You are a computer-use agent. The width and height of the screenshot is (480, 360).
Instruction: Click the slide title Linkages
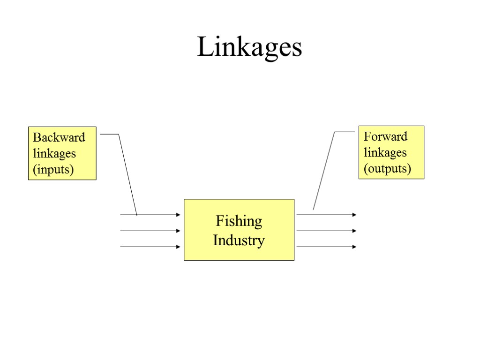point(249,47)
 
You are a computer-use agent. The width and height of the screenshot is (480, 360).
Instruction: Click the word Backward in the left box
point(59,138)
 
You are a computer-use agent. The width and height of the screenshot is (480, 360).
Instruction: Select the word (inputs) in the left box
point(53,169)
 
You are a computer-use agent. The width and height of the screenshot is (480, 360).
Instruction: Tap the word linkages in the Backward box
point(54,153)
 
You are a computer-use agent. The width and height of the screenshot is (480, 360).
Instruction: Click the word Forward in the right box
point(385,137)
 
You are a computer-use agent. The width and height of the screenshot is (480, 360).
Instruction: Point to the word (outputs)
point(387,168)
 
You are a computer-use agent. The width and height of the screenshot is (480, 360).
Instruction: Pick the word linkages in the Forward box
point(385,152)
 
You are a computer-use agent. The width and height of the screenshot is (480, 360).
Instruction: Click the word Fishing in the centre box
point(239,221)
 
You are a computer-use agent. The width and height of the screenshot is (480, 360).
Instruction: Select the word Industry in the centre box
point(239,240)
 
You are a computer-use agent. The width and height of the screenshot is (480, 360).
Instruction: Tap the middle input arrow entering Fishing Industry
point(150,231)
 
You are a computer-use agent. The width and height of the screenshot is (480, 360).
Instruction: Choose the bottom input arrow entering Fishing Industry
point(150,247)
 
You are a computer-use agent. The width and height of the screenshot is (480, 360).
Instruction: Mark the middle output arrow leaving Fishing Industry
point(326,231)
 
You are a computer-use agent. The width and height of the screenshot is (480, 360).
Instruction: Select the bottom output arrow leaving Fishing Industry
point(326,247)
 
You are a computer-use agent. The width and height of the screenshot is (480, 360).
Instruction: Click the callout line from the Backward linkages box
point(127,173)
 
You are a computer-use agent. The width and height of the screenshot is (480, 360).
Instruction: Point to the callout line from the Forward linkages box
point(324,171)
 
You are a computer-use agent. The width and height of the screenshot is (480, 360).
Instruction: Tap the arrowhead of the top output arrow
point(354,215)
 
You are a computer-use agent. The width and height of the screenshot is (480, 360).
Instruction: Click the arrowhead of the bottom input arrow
point(178,247)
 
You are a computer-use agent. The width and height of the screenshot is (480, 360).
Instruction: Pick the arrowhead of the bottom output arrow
point(354,247)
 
